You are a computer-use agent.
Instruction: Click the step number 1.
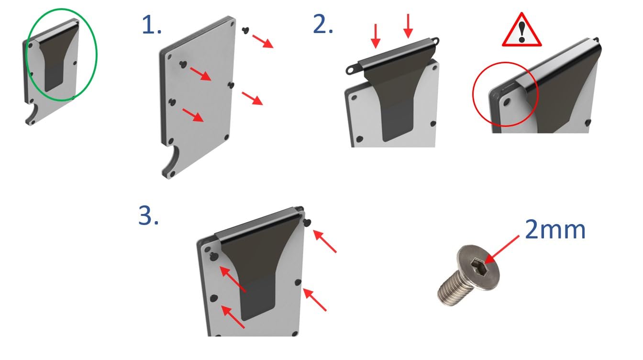pyautogui.click(x=152, y=25)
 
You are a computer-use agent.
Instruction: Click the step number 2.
pyautogui.click(x=322, y=24)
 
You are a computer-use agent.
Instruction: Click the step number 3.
pyautogui.click(x=148, y=215)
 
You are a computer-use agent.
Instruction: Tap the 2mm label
pyautogui.click(x=555, y=229)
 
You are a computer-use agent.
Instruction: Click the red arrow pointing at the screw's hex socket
pyautogui.click(x=502, y=249)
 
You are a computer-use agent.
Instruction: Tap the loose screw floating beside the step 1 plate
pyautogui.click(x=245, y=30)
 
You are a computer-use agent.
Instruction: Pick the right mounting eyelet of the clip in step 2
pyautogui.click(x=434, y=41)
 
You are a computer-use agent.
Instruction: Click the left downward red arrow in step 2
pyautogui.click(x=376, y=36)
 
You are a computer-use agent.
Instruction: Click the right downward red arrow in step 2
pyautogui.click(x=408, y=26)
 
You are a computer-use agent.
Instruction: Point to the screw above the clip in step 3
pyautogui.click(x=307, y=222)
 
